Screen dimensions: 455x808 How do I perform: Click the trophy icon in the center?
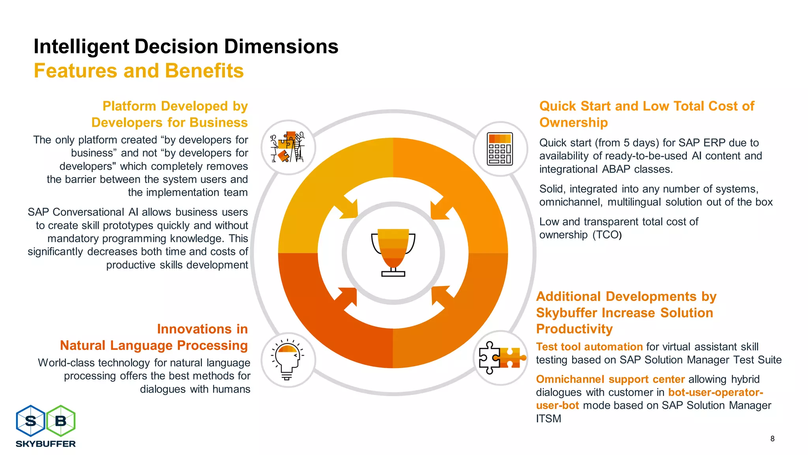pos(393,252)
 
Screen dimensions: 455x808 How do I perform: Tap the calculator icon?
pos(500,149)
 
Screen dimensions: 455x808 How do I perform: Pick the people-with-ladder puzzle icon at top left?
pos(288,147)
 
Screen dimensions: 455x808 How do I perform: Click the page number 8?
pos(772,438)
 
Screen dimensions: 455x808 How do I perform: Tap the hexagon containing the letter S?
pos(30,421)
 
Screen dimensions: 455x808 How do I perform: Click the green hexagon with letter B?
pos(61,421)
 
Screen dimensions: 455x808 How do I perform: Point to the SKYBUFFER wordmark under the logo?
pos(46,444)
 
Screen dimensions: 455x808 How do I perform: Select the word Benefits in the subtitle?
pos(204,71)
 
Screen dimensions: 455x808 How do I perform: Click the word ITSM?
pos(548,419)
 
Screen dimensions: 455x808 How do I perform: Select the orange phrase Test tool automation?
pos(589,347)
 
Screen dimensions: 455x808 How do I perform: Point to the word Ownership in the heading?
pos(573,123)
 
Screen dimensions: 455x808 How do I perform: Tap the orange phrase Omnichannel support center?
pos(610,379)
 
